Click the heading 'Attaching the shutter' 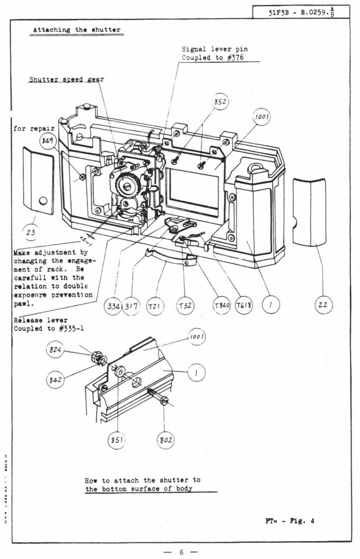coord(77,30)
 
